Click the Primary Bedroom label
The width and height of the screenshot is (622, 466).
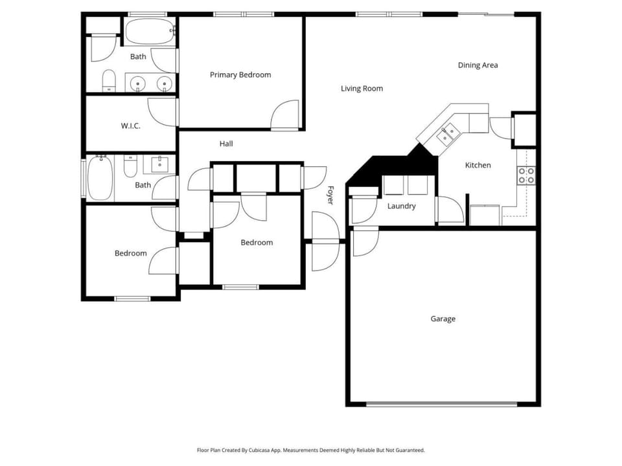pos(240,75)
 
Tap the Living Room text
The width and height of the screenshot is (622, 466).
pos(362,89)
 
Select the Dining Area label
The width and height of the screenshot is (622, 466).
pos(478,65)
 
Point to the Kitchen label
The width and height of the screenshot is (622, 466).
pos(478,165)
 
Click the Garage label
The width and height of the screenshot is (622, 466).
pos(443,319)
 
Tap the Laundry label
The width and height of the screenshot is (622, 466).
pos(402,206)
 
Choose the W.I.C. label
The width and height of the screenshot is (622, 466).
pos(130,126)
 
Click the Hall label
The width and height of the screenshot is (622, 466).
pos(226,144)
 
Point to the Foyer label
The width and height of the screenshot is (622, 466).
pos(330,195)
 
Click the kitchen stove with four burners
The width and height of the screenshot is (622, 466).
pos(526,175)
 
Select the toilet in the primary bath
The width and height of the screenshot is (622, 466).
pos(109,80)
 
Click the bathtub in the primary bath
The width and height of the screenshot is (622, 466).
pos(150,31)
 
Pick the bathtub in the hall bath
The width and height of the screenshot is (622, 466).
pos(100,178)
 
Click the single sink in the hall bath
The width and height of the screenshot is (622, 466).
pos(159,164)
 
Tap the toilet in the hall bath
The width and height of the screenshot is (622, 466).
pos(130,166)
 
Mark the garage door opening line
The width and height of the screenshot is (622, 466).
pos(441,405)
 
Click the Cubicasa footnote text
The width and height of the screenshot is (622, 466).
pos(310,450)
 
